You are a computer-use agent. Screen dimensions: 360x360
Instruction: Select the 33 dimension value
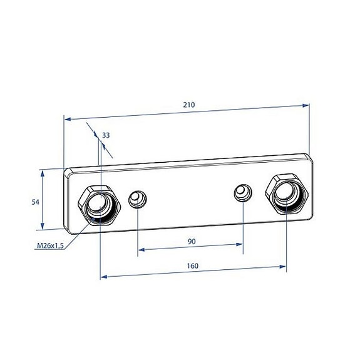click(x=106, y=135)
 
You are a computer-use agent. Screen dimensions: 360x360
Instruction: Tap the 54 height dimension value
click(x=36, y=201)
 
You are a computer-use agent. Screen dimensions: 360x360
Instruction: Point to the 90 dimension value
click(x=192, y=241)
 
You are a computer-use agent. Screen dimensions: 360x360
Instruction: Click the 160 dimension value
click(x=193, y=266)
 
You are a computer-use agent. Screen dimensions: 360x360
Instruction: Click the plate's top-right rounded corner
click(x=308, y=157)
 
